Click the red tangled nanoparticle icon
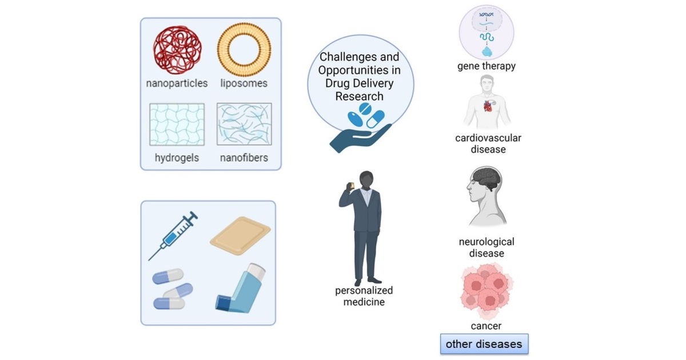click(177, 50)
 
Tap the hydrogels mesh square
click(177, 124)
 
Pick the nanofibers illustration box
click(244, 124)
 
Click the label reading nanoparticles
click(177, 83)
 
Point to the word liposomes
click(244, 83)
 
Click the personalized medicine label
click(364, 296)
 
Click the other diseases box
click(484, 344)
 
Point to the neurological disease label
click(486, 247)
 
